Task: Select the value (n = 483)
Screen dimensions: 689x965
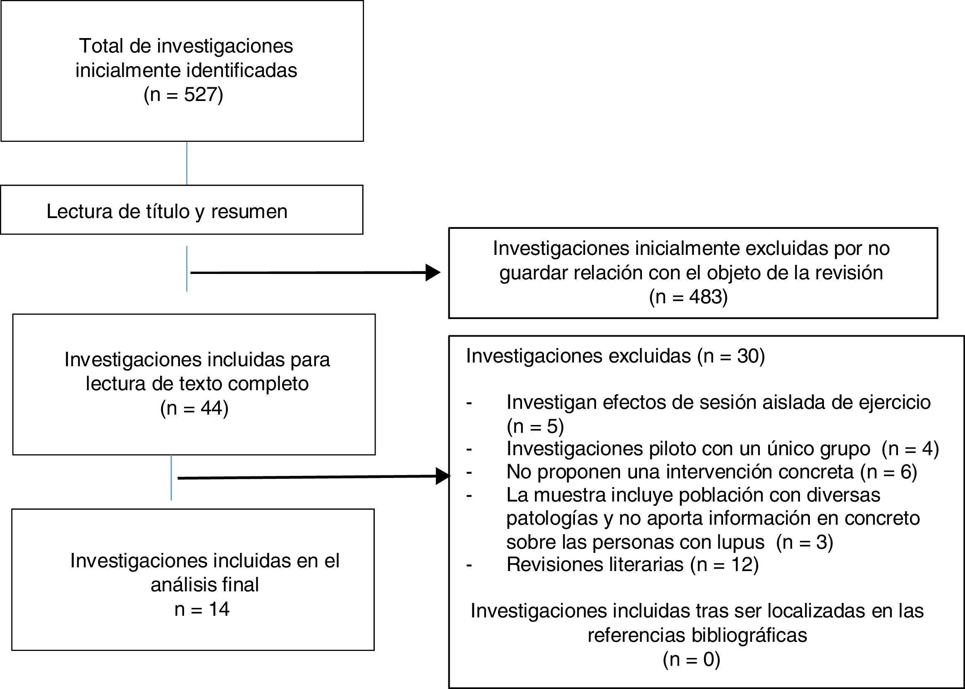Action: tap(689, 297)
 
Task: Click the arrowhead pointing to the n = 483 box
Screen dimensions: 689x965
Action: tap(433, 272)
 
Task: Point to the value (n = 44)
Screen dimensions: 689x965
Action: tap(194, 408)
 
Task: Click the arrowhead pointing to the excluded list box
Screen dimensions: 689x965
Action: tap(443, 476)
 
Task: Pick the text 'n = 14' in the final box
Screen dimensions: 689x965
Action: tap(202, 609)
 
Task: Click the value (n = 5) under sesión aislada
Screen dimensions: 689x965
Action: tap(535, 426)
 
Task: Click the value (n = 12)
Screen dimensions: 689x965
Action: tap(725, 564)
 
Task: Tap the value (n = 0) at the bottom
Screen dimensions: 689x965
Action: tap(692, 659)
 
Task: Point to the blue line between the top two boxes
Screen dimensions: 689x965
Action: tap(187, 163)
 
